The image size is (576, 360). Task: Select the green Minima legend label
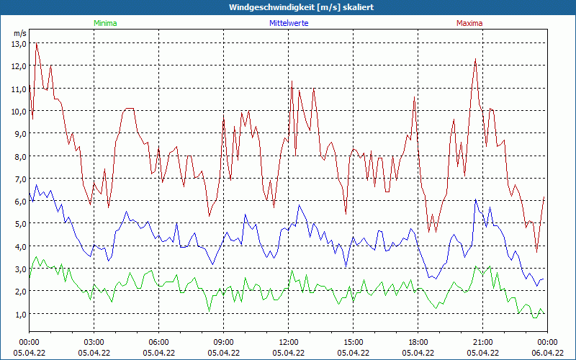(105, 23)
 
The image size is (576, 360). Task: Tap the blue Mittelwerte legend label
(288, 23)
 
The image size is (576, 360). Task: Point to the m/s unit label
(19, 33)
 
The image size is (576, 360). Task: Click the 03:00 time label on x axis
(94, 342)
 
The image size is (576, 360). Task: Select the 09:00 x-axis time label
(224, 342)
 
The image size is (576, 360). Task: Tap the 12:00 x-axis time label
(289, 342)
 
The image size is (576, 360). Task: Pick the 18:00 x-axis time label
(418, 342)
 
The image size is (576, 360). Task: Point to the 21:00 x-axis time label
(483, 342)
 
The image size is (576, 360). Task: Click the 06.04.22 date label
(547, 353)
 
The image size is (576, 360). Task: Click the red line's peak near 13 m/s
(36, 43)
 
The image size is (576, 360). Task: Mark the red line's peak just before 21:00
(476, 59)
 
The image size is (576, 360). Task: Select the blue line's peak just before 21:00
(475, 199)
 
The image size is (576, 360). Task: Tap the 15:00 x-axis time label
(354, 342)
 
